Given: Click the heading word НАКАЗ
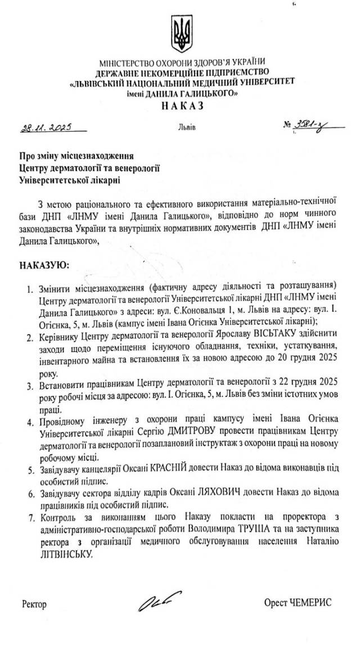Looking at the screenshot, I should (181, 106).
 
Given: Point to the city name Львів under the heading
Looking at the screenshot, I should (187, 128).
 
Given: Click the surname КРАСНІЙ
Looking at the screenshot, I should (174, 467).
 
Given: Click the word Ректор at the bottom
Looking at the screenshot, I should (35, 605).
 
